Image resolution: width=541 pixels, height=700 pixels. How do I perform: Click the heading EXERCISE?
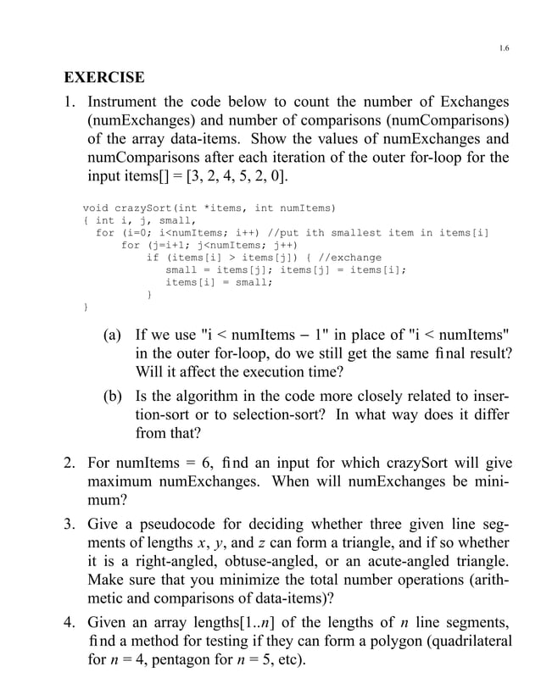(x=104, y=79)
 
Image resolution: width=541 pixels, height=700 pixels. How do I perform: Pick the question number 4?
(x=70, y=625)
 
